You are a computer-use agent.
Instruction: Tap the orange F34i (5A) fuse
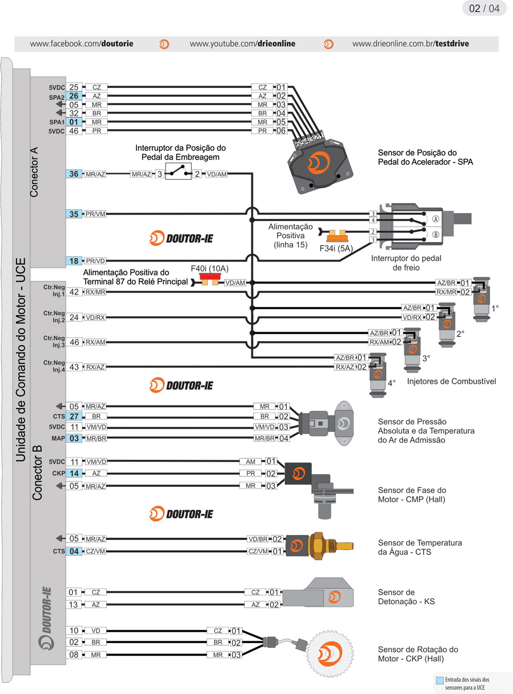coord(337,236)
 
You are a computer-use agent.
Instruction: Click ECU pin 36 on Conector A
coord(74,174)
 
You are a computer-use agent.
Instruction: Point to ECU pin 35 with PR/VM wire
coord(74,214)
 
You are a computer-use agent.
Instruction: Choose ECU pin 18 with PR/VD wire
coord(74,261)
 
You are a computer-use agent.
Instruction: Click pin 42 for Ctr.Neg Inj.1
coord(74,292)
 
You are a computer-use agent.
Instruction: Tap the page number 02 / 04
coord(484,9)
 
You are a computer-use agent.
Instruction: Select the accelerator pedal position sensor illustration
coord(320,164)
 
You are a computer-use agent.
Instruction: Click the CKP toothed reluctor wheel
coord(330,654)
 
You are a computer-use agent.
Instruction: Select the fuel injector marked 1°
coord(481,299)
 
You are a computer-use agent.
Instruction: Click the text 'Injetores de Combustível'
coord(451,381)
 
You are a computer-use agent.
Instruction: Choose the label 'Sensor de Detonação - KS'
coord(406,597)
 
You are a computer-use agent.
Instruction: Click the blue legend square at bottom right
coord(440,681)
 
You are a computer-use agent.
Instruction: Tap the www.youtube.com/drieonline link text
coord(242,44)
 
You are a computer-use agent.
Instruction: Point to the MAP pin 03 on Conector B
coord(74,438)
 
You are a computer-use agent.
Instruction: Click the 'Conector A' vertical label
coord(34,172)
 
